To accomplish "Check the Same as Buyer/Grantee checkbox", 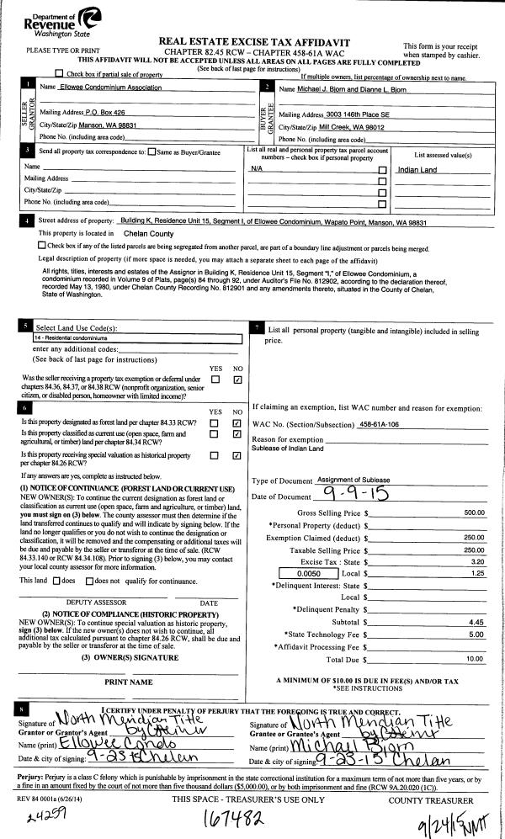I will tap(152, 152).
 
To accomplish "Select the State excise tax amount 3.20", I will tap(477, 560).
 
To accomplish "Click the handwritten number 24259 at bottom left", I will tap(40, 818).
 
